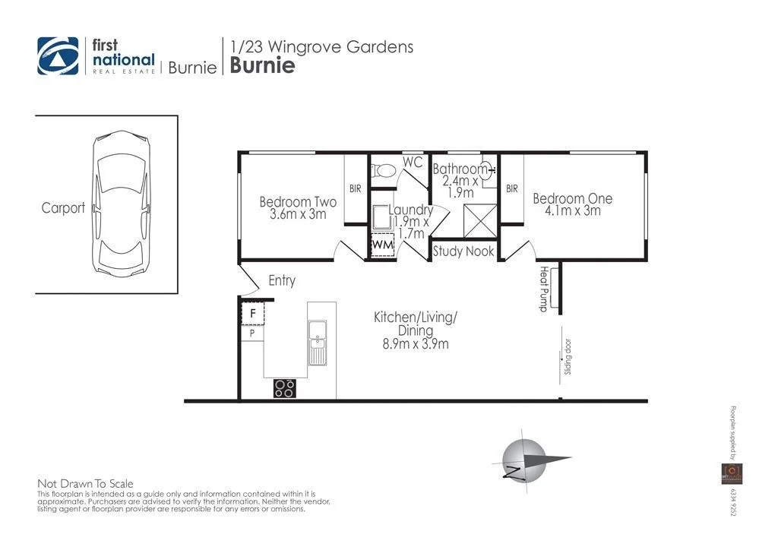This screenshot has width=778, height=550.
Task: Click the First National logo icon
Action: pos(58,56)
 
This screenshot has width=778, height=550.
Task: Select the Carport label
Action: pos(63,208)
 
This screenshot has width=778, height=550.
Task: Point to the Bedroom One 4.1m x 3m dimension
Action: pos(572,210)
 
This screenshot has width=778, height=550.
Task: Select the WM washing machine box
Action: pos(382,246)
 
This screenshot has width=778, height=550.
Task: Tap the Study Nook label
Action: pos(463,251)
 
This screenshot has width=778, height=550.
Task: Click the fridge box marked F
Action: pos(252,313)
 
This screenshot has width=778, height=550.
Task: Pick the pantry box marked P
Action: pos(252,333)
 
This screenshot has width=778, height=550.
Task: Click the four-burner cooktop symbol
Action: pos(285,388)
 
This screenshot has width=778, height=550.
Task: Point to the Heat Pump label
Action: pos(544,289)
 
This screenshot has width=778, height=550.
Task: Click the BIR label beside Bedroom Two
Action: pos(356,189)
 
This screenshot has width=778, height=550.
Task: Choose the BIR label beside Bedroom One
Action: pos(512,189)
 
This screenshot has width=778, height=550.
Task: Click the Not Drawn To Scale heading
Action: pos(85,483)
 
